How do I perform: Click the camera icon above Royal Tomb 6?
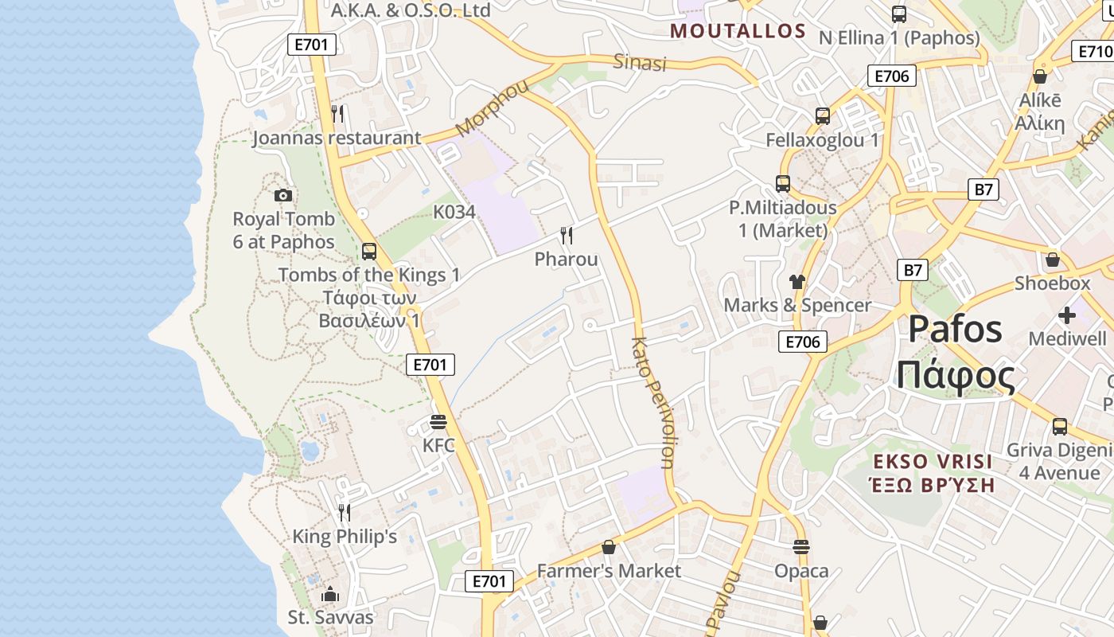282,195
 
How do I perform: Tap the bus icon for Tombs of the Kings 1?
369,252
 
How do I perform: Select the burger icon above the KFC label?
438,421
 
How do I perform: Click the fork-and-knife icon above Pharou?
567,235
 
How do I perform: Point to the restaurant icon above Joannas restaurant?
337,114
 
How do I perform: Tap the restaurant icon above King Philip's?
344,512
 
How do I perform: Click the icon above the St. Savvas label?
330,594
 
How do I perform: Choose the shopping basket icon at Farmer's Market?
609,547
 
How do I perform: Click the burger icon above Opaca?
801,547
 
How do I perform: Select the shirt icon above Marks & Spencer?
797,281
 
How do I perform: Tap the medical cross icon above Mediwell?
1067,316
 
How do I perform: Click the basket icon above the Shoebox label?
1053,260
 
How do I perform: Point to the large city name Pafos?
956,328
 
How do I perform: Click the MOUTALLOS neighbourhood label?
738,32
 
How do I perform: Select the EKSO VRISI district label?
921,462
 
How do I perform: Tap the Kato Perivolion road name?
652,402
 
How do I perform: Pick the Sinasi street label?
640,62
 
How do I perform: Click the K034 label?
454,212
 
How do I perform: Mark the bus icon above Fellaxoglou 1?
823,116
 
